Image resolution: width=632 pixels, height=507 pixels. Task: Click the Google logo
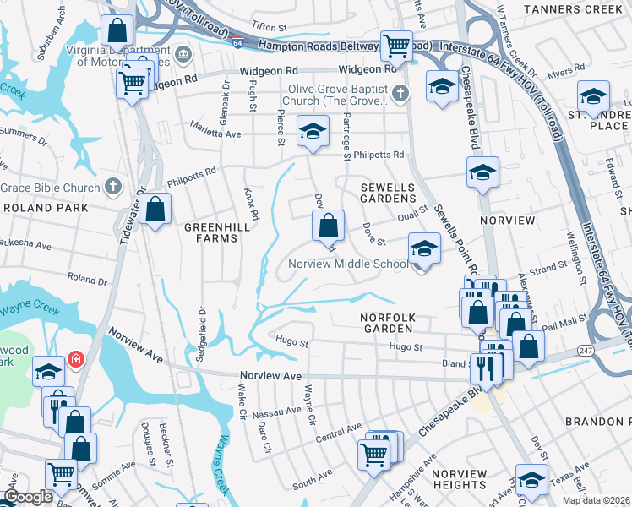pos(29,497)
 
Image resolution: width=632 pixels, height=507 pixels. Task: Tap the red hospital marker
pos(76,360)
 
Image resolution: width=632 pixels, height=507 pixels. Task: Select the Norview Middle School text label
pos(349,264)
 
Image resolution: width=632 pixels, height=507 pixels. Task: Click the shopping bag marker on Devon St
pos(328,226)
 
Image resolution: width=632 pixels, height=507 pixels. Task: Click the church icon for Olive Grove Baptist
pos(401,94)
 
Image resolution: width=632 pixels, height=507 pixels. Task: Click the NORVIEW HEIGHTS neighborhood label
pos(460,479)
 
